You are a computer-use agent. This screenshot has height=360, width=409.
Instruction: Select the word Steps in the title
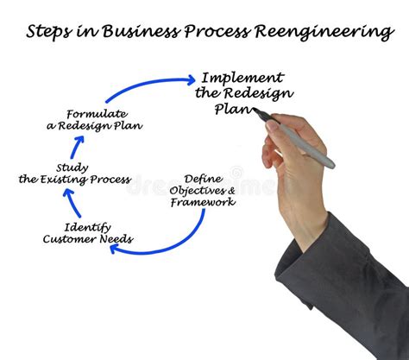point(49,33)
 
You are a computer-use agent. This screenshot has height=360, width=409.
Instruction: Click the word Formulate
point(96,113)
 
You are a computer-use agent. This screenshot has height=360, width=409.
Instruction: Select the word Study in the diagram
point(72,167)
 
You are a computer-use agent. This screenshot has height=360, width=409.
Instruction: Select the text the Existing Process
point(75,180)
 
